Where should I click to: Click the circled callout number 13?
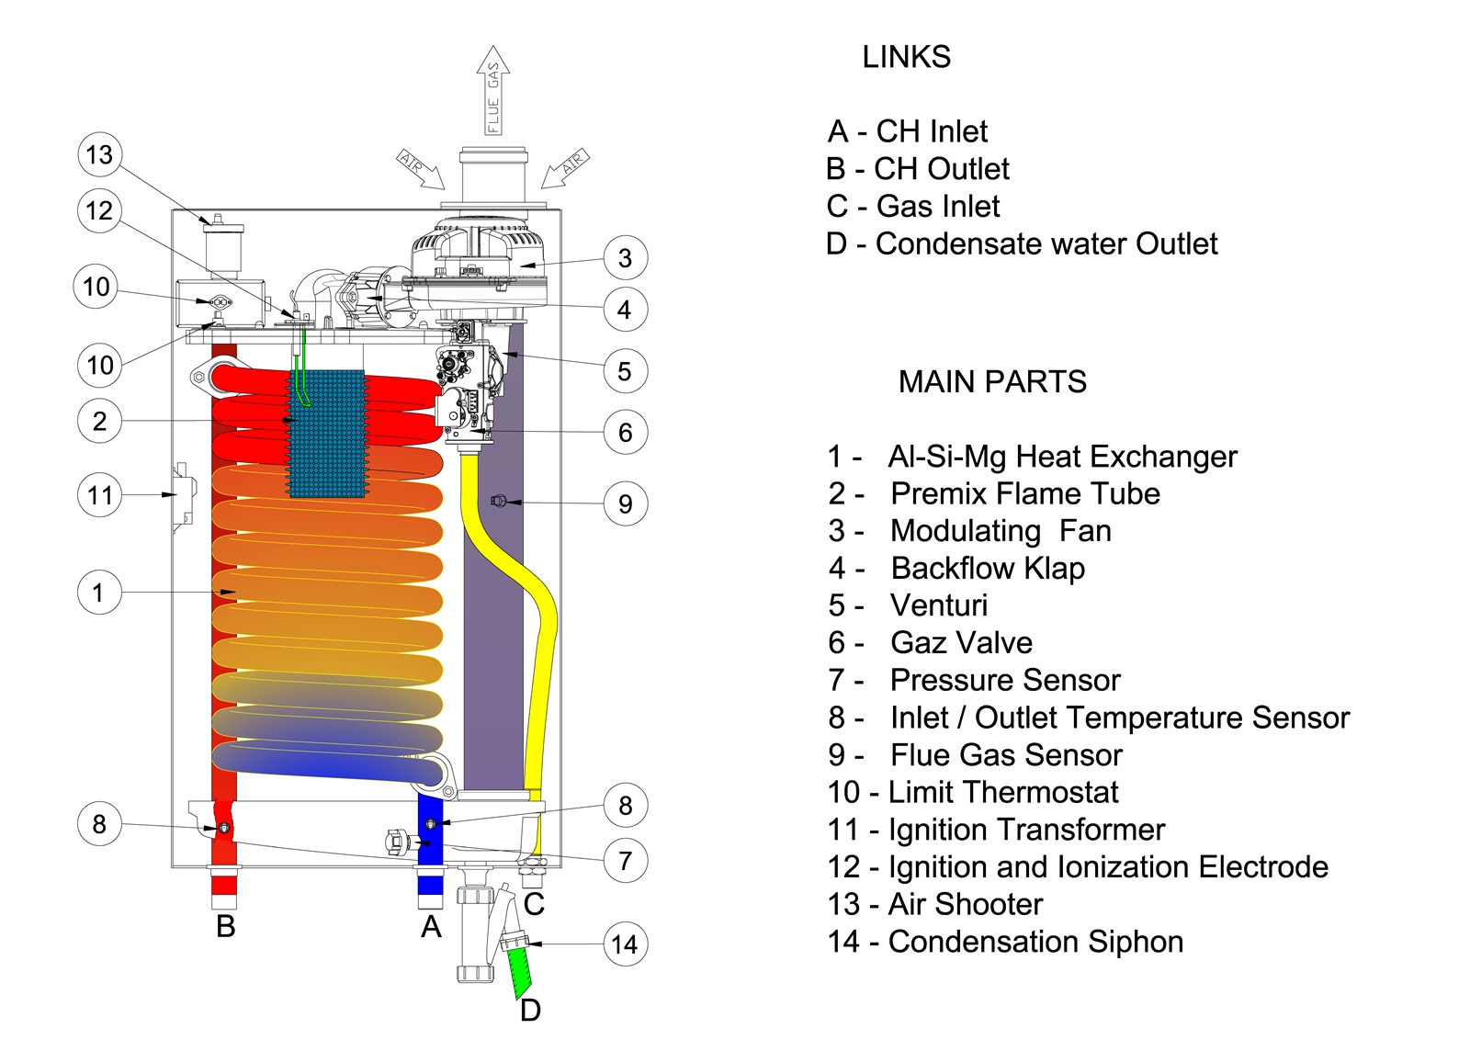pos(99,154)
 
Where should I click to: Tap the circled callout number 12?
pos(99,210)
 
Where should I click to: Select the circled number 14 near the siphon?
pos(625,944)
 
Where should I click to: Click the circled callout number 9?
pos(626,503)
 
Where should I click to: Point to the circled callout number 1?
pos(99,593)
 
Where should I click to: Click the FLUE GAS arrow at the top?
pos(493,92)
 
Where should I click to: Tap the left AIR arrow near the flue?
pos(420,169)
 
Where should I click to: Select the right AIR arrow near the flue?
pos(564,168)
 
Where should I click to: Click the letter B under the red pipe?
pos(226,926)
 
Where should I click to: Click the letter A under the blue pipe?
pos(431,927)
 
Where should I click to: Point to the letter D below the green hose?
pos(530,1011)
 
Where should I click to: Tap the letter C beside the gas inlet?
pos(534,904)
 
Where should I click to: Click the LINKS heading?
pos(906,57)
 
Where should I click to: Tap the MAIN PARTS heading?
pos(992,381)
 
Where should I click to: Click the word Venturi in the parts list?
pos(939,605)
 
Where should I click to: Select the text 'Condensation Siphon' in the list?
pos(1035,942)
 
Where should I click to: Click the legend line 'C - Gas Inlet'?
pos(913,207)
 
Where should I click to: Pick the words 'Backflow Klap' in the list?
pos(988,569)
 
